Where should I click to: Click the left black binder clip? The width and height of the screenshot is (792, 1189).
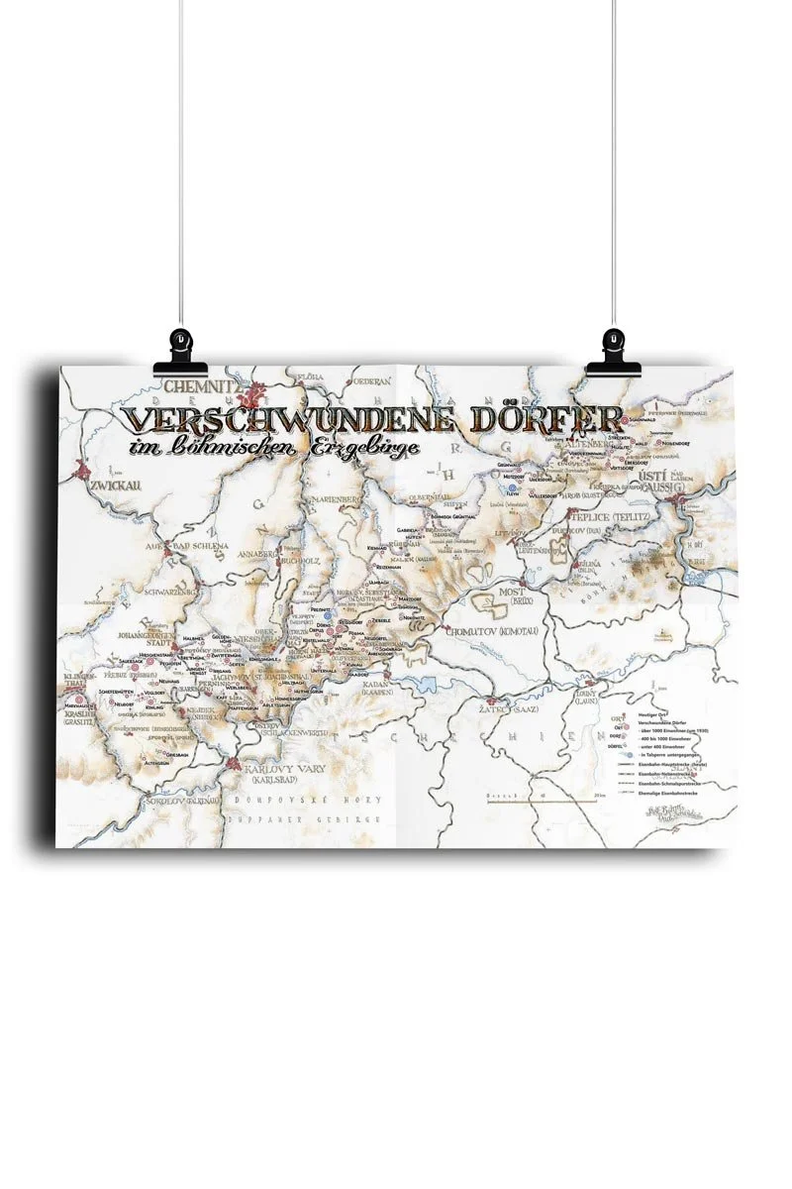click(181, 349)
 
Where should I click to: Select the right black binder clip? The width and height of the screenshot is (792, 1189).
click(612, 349)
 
